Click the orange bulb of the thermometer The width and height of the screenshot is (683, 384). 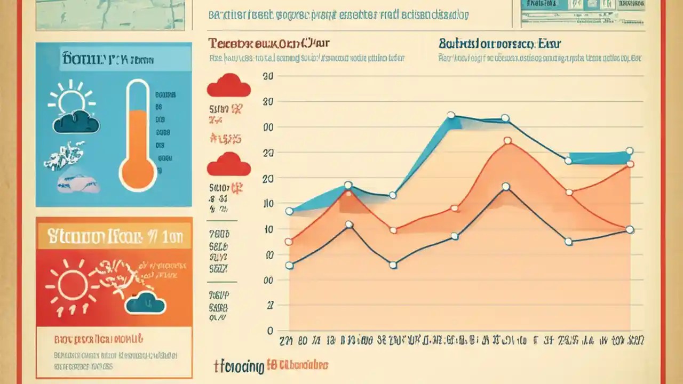138,172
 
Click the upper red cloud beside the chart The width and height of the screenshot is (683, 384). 228,86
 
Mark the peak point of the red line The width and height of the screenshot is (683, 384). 507,141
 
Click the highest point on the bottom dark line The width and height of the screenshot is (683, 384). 505,187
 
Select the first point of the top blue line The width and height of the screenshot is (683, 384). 289,211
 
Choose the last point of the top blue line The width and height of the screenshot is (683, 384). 629,151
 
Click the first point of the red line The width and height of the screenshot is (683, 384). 289,242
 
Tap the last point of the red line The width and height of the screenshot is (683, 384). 630,164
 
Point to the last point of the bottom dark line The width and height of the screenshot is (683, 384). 630,229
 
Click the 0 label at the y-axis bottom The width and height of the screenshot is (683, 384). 270,331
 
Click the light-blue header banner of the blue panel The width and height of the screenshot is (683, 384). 114,58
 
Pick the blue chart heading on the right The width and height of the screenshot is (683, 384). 499,44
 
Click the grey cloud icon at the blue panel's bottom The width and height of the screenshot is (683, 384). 78,182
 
